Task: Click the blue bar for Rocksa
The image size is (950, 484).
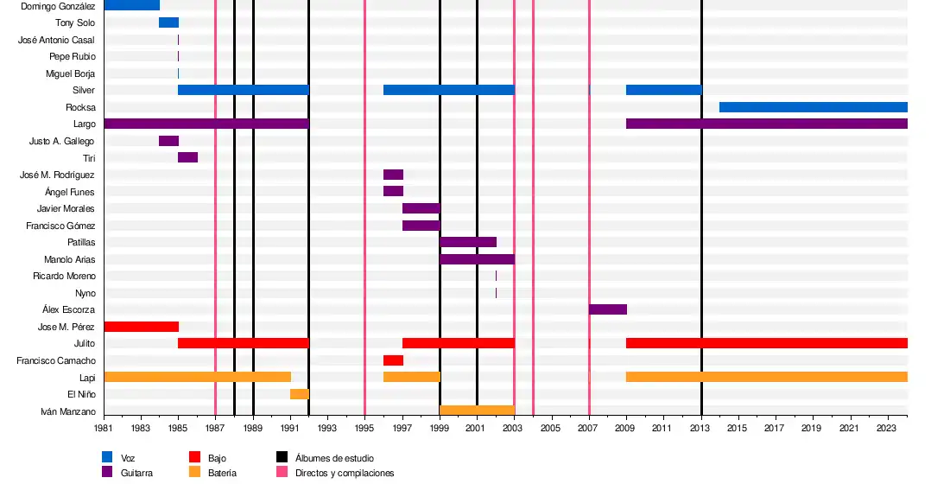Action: coord(813,107)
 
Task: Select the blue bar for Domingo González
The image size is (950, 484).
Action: coord(131,5)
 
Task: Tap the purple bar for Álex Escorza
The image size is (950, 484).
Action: coord(608,309)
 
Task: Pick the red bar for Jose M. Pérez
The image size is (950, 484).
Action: coord(141,327)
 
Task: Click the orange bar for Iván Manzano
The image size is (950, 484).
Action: coord(477,411)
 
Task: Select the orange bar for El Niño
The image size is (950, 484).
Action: coord(300,394)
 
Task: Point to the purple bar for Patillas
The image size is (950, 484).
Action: coord(468,242)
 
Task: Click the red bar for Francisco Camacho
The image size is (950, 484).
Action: coord(393,360)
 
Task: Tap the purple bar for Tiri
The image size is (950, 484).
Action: coord(187,157)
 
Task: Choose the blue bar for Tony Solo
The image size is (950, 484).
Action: coord(168,22)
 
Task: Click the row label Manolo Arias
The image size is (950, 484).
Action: coord(70,259)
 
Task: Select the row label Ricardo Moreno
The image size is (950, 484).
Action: coord(64,277)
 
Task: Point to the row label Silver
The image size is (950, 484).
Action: coord(84,91)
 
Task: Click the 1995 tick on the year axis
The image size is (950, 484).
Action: coord(364,428)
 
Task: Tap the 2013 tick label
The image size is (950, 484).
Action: coord(701,428)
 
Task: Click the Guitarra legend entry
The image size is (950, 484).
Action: coord(137,473)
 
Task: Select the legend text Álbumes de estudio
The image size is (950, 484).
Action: coord(334,458)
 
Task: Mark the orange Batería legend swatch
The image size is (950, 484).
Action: coord(194,473)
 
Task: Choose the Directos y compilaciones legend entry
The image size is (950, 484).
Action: coord(345,473)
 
